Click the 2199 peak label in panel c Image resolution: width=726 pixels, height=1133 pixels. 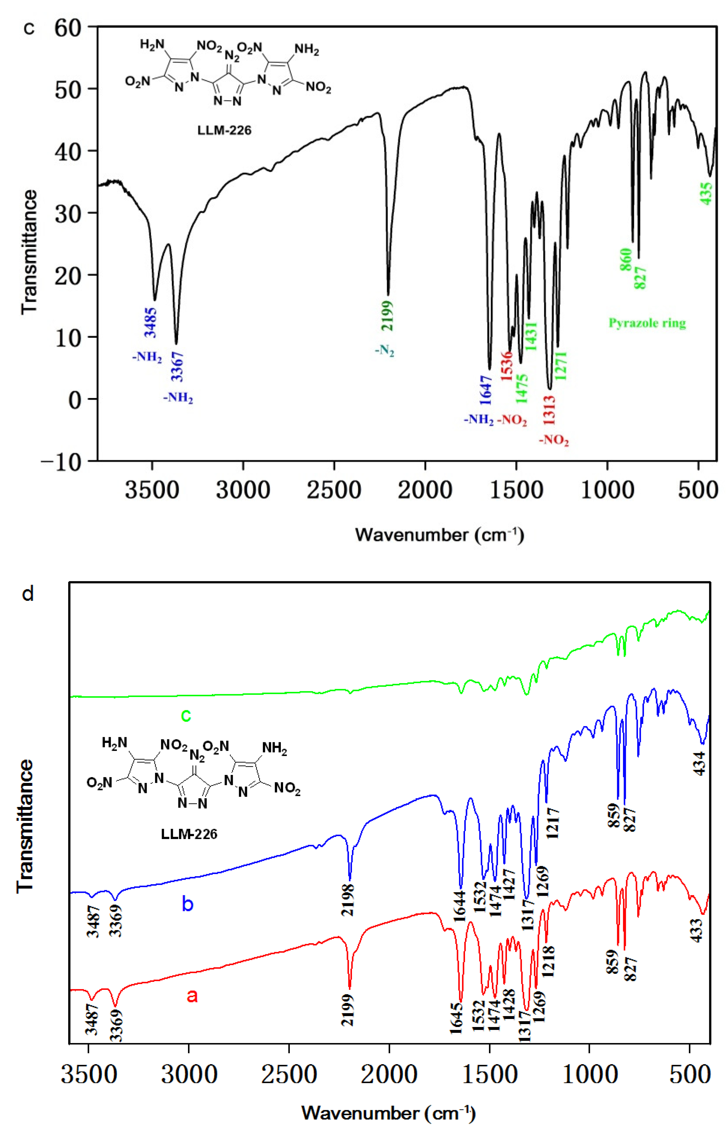[x=387, y=315]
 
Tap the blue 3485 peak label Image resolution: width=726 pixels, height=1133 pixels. [x=151, y=322]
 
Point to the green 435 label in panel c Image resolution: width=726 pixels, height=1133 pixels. [x=706, y=193]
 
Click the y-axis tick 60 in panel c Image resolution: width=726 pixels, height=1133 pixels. [x=68, y=28]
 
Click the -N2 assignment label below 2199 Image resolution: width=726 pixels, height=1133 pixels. [x=384, y=351]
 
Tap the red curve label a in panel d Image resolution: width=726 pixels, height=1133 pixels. [x=192, y=995]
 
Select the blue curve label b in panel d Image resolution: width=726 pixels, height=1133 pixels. [x=188, y=903]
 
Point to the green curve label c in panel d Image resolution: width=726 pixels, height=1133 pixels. [x=186, y=715]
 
